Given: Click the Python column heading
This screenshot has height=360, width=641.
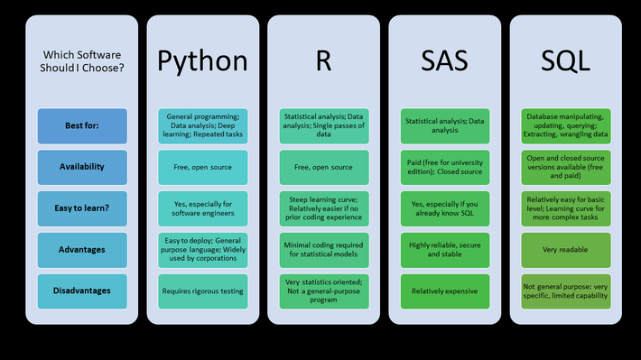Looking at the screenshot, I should pos(203,60).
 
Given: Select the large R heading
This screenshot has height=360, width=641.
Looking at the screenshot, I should pos(324,60).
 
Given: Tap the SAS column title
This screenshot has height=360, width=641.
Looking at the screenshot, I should pos(445,60).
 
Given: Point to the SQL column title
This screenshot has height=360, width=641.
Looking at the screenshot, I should pos(566,60).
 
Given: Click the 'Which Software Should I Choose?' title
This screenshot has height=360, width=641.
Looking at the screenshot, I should pos(82,60).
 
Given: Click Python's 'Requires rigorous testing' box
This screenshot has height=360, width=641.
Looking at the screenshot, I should pos(203,291).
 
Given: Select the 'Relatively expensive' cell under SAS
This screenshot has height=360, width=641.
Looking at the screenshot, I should pos(445,291).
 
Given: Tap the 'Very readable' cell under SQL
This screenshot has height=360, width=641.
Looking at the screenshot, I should pos(566,250).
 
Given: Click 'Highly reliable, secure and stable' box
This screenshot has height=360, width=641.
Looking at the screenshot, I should pos(445,250).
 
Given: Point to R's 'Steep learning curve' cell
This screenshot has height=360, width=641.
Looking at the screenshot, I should pos(324,208).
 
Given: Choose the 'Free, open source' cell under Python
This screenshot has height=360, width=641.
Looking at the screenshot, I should pos(203,167).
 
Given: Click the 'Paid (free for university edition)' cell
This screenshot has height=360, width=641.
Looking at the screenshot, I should pos(445,167).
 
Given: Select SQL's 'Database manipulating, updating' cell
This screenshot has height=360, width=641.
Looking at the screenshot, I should pos(566,126).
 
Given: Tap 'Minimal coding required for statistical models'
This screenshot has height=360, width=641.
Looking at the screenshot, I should pos(324,250).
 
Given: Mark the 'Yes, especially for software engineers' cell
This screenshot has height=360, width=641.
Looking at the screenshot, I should pos(203,208).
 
